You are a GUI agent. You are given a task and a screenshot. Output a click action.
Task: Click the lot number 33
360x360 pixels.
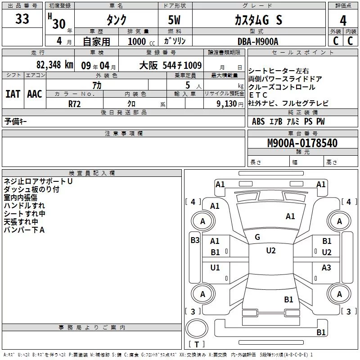pos(22,19)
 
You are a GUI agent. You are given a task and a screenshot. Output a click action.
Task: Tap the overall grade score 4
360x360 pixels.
pos(343,21)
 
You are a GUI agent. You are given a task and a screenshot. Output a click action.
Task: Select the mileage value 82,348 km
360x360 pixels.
pos(54,65)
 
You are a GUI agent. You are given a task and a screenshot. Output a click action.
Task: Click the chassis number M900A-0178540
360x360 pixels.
pos(302,143)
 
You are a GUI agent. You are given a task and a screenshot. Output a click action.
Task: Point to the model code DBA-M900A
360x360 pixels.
pos(258,41)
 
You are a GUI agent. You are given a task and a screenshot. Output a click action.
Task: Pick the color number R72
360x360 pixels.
pos(74,104)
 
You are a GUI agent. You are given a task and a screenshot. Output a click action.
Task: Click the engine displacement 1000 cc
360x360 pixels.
pos(141,41)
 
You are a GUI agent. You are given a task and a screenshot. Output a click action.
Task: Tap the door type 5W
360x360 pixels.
pos(174,20)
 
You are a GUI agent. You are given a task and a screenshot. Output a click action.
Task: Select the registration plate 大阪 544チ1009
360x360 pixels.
pos(171,65)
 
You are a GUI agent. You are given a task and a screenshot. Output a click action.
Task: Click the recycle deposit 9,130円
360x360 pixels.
pos(230,104)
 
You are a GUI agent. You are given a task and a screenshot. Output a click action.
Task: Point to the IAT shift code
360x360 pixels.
pos(13,94)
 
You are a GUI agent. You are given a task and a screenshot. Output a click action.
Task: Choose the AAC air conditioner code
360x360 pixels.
pos(35,94)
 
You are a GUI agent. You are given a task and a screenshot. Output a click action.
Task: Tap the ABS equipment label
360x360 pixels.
pos(258,121)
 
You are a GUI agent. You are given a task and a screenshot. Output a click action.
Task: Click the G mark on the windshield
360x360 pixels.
pos(257,237)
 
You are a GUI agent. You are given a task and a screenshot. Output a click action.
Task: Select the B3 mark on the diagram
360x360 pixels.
pos(195,240)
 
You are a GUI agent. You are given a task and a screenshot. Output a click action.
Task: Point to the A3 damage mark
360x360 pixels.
pos(326,267)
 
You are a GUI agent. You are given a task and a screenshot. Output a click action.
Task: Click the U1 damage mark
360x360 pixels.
pos(215,267)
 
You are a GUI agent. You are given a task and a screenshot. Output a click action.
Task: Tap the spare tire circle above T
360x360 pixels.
pos(197,328)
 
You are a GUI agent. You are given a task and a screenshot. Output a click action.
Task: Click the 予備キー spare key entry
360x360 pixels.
pos(15,121)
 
